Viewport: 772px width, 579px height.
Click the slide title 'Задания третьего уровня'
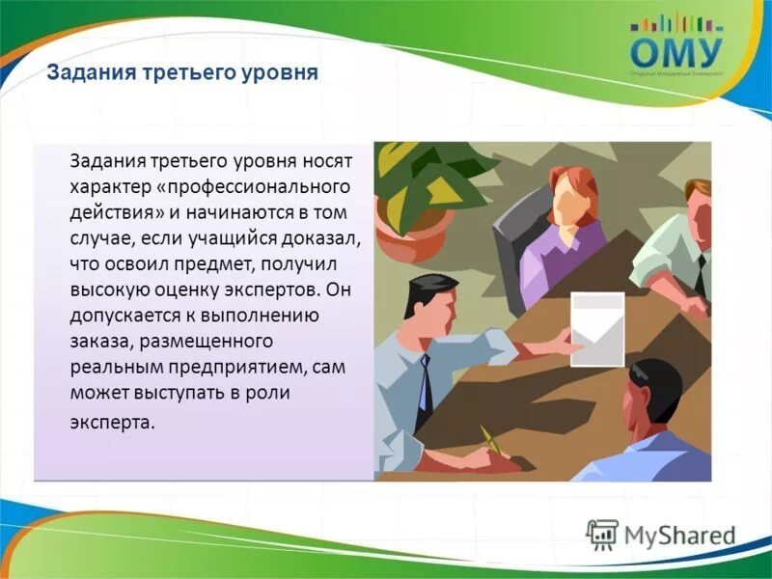click(182, 73)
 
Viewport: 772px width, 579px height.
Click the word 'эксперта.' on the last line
click(111, 422)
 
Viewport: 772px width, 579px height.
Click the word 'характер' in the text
click(107, 184)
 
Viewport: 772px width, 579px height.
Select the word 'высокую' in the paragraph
click(106, 289)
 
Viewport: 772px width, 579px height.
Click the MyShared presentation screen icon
click(601, 535)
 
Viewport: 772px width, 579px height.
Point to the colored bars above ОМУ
click(675, 21)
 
